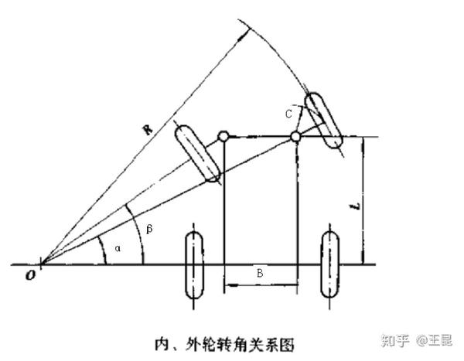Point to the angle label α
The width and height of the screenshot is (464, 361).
point(117,249)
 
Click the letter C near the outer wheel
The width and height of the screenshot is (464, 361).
point(288,114)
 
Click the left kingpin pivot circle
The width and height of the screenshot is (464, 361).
point(223,138)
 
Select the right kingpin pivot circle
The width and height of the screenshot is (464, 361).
point(295,138)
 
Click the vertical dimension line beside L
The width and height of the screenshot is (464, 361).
point(364,201)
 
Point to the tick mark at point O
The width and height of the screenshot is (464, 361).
point(40,265)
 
